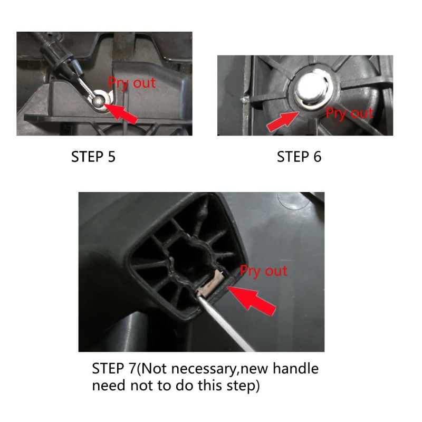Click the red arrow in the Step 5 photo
[x=120, y=113]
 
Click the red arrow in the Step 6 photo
[x=283, y=122]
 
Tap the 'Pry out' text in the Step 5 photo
[x=132, y=83]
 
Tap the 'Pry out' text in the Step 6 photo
[x=349, y=113]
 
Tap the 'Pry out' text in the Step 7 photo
[x=264, y=271]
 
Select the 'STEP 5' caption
[x=93, y=157]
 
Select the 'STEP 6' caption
[x=299, y=157]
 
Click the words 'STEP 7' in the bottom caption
[x=114, y=368]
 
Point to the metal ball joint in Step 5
[x=98, y=101]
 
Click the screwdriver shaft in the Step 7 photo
[x=225, y=322]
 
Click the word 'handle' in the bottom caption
[x=295, y=368]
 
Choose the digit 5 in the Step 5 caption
[x=112, y=157]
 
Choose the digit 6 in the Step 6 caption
[x=318, y=157]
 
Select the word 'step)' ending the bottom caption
[x=243, y=386]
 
